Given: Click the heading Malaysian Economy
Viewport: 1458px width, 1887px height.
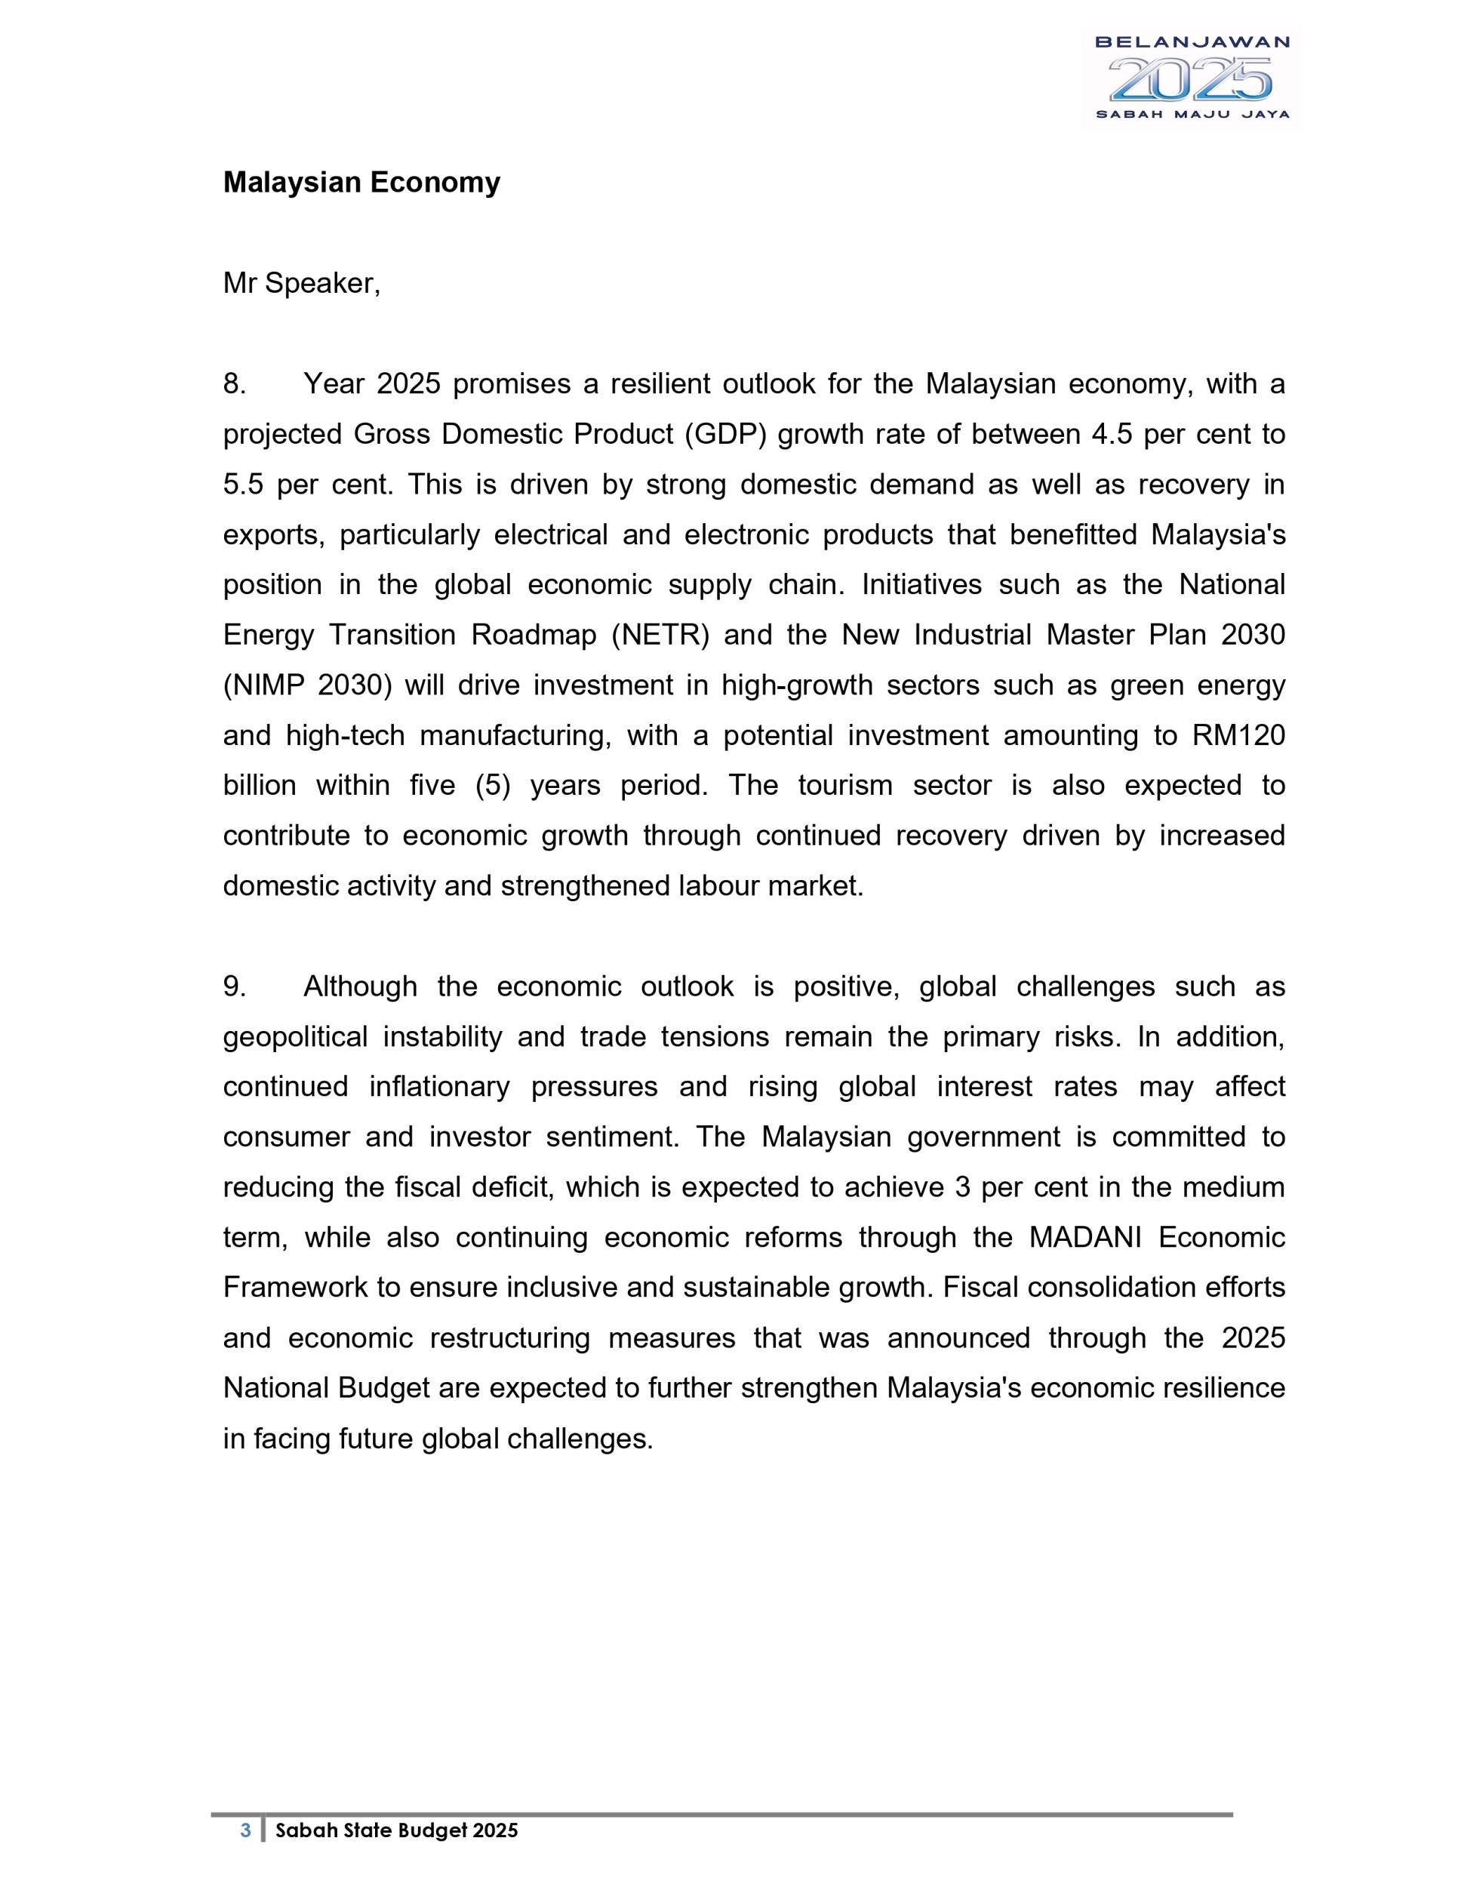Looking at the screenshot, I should tap(361, 183).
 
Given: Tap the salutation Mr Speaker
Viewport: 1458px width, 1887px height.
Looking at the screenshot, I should tap(301, 283).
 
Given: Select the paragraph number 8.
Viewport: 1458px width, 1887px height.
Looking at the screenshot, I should tap(234, 383).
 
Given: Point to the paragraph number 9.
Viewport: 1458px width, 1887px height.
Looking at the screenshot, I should tap(234, 986).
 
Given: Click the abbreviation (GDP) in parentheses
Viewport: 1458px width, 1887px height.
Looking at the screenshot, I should tap(724, 434).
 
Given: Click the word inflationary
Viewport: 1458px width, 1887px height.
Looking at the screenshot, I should tap(438, 1086).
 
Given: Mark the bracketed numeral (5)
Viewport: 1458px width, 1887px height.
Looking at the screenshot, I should tap(494, 786).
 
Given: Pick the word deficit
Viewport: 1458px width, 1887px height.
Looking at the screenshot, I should tap(512, 1187).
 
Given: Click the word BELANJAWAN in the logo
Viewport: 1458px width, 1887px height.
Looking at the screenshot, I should tap(1191, 42).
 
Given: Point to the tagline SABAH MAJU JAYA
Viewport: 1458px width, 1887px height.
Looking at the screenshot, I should tap(1192, 114).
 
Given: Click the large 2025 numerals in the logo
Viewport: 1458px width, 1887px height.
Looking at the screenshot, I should tap(1191, 79).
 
